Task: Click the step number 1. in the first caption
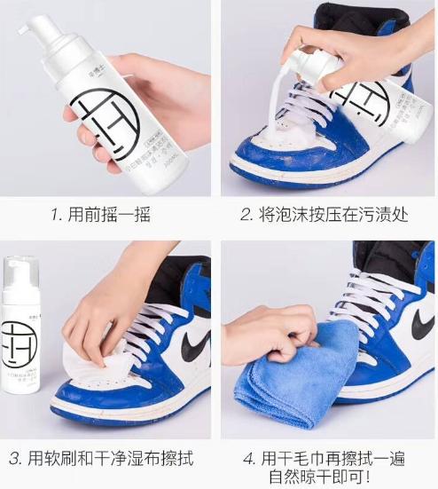pyautogui.click(x=55, y=216)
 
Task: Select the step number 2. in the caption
pyautogui.click(x=246, y=216)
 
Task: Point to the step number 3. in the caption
pyautogui.click(x=16, y=458)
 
